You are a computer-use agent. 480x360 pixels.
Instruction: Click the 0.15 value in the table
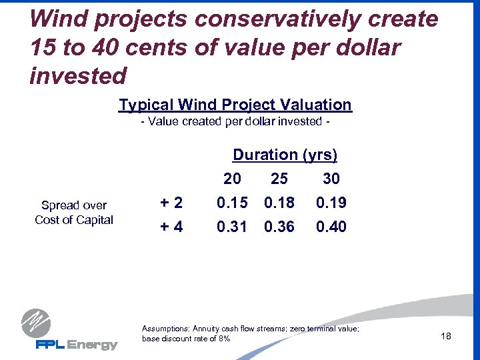(231, 203)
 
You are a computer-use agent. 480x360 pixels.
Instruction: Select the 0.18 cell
(279, 203)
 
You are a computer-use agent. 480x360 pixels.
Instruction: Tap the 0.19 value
(331, 203)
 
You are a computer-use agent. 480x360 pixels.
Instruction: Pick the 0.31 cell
(231, 227)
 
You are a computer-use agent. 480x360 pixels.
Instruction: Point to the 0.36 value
(279, 227)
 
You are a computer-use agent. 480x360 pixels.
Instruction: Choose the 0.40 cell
(331, 227)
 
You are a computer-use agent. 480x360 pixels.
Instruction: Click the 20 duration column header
(232, 179)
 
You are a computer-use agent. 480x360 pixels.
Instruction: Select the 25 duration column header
(279, 179)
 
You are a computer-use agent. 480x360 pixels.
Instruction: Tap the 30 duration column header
(331, 179)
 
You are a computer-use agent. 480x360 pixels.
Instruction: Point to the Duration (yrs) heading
(285, 155)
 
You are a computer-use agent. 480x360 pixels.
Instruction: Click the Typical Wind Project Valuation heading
(235, 105)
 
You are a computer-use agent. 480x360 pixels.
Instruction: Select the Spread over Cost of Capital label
(74, 213)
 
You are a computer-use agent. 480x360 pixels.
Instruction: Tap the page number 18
(446, 336)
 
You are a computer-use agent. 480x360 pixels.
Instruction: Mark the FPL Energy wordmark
(76, 345)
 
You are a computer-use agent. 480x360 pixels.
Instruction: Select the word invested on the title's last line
(78, 76)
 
